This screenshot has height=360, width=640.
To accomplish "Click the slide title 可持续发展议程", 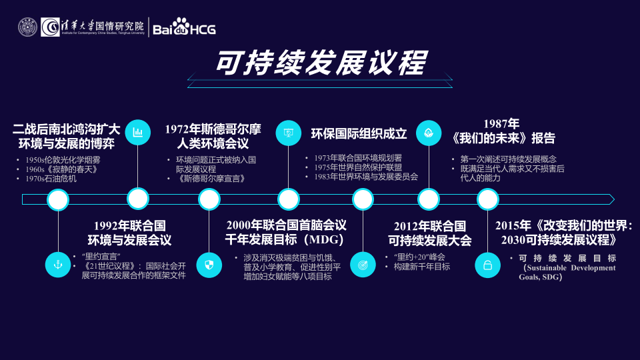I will (x=320, y=63).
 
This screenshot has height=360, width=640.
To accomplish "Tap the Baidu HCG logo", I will (x=184, y=29).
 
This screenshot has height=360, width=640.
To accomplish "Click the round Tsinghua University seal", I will (x=27, y=27).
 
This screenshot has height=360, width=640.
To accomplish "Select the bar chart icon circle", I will (x=138, y=132).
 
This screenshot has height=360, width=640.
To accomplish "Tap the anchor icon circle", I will (x=58, y=265).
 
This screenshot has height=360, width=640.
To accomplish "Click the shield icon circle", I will (x=209, y=265).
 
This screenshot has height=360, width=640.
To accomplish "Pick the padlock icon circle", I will (x=487, y=265).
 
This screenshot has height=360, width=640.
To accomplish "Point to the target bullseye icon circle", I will (x=363, y=265).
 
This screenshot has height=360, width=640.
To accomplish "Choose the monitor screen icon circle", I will (x=289, y=132).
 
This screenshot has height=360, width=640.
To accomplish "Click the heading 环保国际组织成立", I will (x=359, y=133).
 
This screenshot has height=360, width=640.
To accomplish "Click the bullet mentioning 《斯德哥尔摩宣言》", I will (x=212, y=179).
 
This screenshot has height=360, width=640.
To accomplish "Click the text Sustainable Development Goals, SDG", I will (x=567, y=272).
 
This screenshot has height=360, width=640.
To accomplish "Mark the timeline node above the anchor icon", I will (x=58, y=199).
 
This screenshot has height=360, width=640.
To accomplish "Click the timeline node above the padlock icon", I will (x=487, y=199).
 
